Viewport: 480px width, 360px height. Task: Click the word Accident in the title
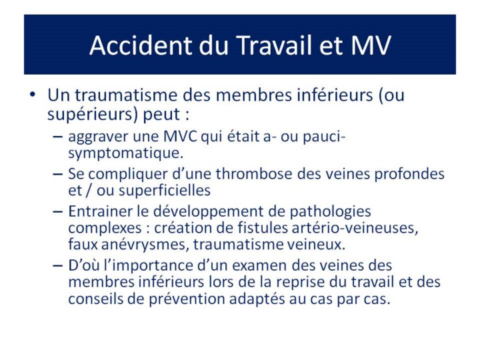pos(141,45)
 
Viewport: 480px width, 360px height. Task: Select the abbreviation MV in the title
pos(371,45)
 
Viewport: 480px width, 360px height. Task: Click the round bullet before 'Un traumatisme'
pos(33,94)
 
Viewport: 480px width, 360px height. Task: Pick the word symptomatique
pos(126,153)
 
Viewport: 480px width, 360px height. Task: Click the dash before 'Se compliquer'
pos(57,174)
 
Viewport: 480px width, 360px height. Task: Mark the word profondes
pos(409,175)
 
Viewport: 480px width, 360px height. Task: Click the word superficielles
pos(165,191)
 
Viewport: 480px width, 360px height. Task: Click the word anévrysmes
pos(145,245)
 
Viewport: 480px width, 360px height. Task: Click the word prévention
pos(187,299)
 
